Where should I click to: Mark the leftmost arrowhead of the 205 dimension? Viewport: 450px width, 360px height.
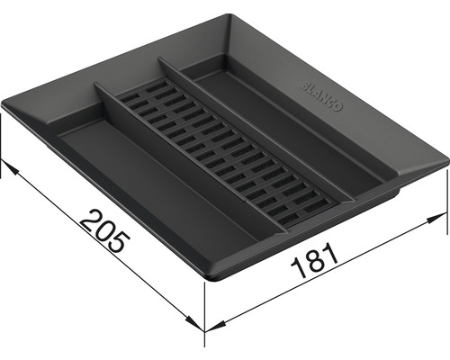click(x=6, y=165)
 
